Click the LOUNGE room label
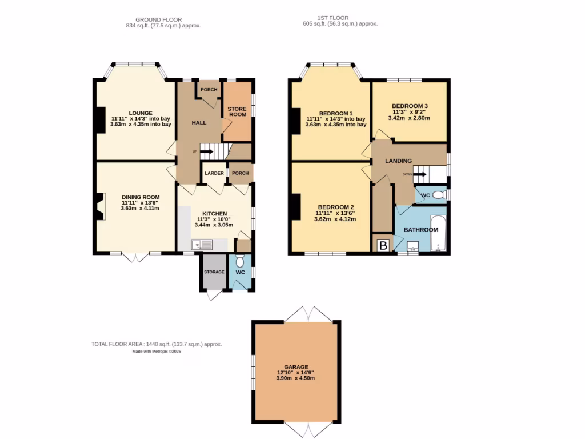point(140,113)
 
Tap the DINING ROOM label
point(140,197)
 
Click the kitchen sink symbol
point(202,245)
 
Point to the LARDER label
point(214,173)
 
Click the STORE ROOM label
point(237,111)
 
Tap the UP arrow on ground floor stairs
point(206,151)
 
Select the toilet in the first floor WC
point(439,195)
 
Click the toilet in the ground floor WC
point(240,261)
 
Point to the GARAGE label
point(296,367)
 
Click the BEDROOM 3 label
point(410,106)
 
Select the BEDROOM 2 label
point(336,207)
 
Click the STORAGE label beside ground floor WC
point(214,272)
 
